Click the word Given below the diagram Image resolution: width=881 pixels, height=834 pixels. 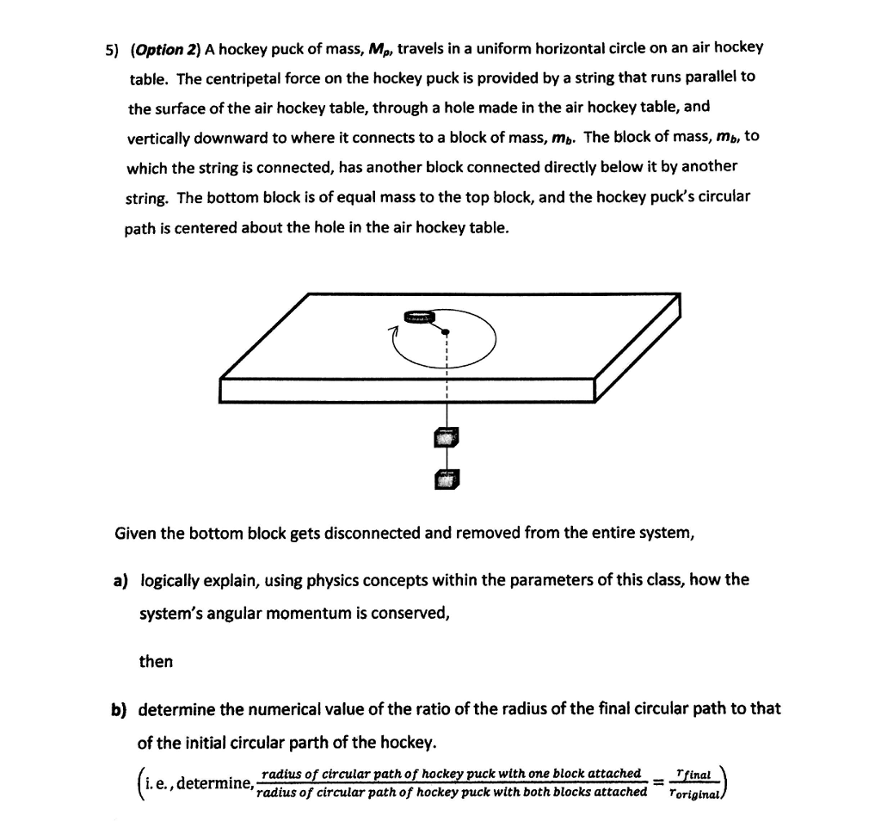click(x=136, y=533)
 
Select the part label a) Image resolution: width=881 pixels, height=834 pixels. click(x=120, y=580)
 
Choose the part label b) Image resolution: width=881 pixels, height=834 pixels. click(x=118, y=710)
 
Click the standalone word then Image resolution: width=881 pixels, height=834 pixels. click(x=156, y=662)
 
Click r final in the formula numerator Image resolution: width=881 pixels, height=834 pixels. click(x=692, y=774)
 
